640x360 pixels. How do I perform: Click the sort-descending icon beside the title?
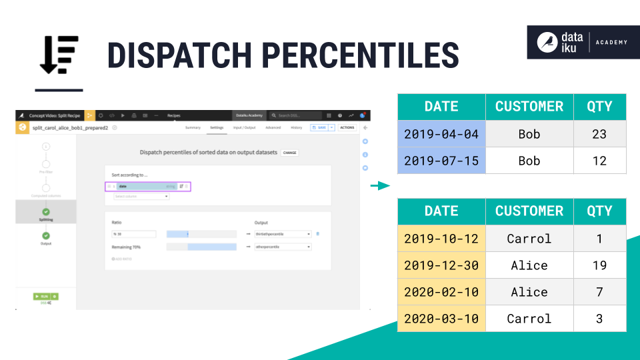59,55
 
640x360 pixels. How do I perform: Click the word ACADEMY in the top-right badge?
611,43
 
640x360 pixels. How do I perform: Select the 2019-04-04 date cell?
441,134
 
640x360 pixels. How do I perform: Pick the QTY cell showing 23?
599,134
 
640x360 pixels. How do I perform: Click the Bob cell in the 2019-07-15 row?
529,161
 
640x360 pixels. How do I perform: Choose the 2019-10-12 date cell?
441,239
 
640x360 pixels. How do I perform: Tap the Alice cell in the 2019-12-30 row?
529,265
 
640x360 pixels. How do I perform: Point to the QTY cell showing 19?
599,265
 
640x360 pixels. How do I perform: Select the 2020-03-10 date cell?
441,319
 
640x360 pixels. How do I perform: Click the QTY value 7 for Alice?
599,292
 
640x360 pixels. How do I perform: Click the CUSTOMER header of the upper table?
529,107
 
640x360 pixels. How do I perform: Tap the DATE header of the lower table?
441,211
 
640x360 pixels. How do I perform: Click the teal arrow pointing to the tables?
380,186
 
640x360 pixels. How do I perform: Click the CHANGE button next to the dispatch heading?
289,153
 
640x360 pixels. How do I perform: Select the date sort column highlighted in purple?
143,187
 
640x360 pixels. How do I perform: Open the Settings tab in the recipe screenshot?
217,127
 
